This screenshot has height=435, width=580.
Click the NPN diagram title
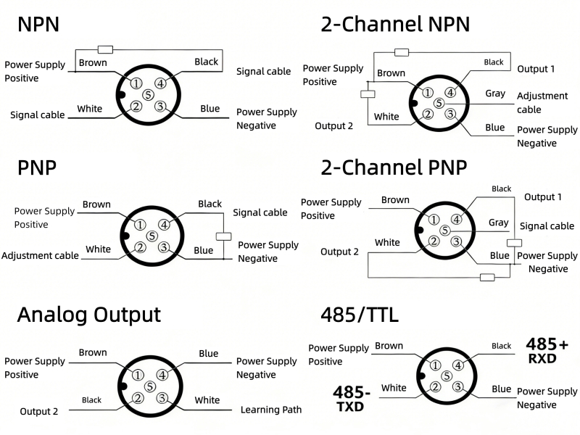coord(38,24)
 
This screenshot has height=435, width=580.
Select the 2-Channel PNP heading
coord(394,167)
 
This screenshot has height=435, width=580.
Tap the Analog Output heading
coord(88,315)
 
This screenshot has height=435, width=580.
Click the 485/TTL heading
coord(360,315)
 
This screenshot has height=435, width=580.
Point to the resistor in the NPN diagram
coord(105,49)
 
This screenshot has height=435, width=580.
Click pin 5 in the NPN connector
coord(149,94)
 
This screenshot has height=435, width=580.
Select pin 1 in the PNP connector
coord(140,225)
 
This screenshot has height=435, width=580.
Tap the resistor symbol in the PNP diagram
coord(224,236)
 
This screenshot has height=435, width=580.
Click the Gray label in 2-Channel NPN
coord(495,94)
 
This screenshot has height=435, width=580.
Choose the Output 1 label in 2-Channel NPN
coord(536,69)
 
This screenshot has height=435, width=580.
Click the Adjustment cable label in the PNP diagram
coord(40,255)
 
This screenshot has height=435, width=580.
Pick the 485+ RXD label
coord(547,350)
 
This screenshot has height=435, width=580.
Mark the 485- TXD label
coord(352,398)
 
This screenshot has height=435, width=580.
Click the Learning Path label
coord(271,410)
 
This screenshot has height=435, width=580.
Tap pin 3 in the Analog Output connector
coord(162,398)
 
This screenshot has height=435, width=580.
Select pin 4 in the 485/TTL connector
coord(458,365)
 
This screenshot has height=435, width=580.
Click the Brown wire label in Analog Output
coord(93,352)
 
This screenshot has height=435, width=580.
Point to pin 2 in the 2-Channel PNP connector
coord(433,241)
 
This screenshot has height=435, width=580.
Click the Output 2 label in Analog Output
coord(39,411)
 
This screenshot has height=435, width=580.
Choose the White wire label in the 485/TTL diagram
coord(394,388)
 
